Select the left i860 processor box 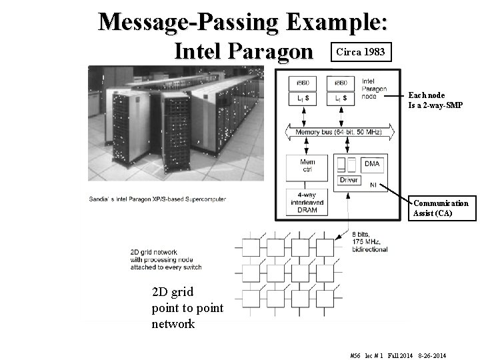click(301, 83)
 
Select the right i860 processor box click(340, 83)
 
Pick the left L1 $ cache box click(301, 99)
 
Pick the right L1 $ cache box click(340, 99)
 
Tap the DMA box click(372, 163)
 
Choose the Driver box click(349, 180)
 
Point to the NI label click(373, 186)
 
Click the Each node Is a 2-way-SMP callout click(435, 100)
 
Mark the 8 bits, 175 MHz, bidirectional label click(369, 241)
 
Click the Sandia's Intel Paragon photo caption click(157, 199)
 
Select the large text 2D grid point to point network click(187, 308)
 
